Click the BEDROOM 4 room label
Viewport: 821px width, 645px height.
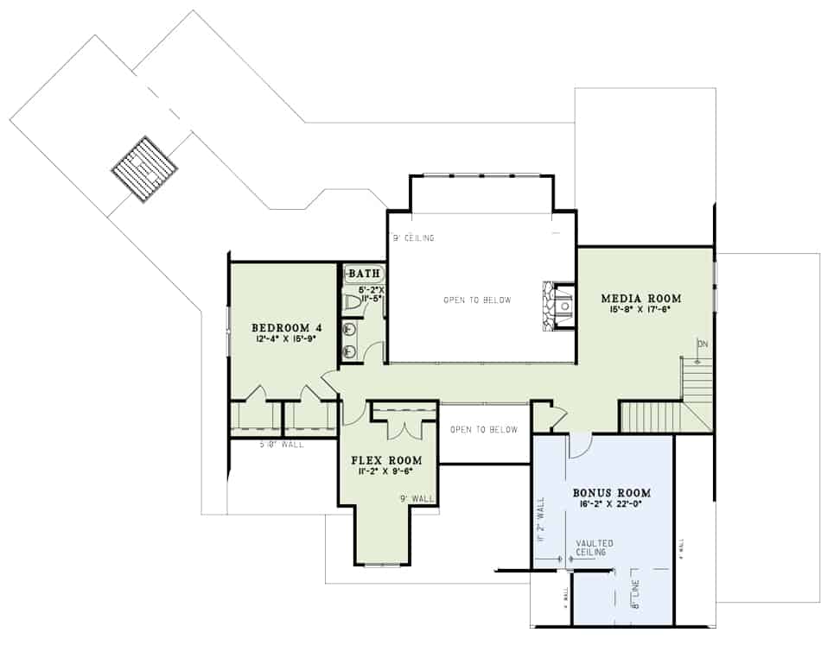[286, 327]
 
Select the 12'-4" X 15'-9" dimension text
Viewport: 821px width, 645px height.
[286, 339]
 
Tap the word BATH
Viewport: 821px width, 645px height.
[364, 274]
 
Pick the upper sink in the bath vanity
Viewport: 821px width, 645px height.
[350, 329]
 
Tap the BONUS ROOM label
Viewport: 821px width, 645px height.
[611, 493]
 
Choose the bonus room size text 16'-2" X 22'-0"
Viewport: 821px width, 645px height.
[611, 505]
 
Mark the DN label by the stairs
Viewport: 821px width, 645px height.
[702, 344]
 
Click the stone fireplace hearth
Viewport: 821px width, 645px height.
[549, 305]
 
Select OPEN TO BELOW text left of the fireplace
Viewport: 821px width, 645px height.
[477, 300]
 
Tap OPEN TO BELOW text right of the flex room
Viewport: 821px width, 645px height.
[484, 430]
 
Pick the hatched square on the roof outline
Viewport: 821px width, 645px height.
[144, 168]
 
